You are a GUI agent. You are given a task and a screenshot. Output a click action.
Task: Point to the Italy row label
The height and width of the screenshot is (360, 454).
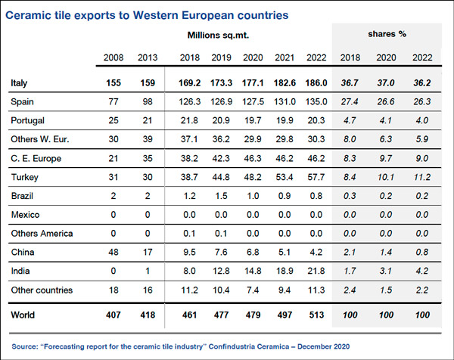[20, 82]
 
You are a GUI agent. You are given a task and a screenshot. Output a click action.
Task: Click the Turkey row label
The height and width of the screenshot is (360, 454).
[25, 177]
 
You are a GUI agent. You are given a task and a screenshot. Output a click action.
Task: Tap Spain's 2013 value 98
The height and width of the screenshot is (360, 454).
[146, 102]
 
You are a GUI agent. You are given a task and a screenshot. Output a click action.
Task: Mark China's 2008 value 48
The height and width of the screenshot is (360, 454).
[116, 252]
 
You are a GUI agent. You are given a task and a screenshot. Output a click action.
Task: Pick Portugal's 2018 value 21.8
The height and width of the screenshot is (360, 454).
[191, 121]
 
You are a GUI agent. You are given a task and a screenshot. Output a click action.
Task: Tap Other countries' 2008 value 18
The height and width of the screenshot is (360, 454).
[116, 290]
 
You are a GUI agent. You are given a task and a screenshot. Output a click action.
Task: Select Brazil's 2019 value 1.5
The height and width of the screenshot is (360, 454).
[221, 196]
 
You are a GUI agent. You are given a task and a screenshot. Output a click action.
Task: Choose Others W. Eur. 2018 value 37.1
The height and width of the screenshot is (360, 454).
[191, 139]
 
